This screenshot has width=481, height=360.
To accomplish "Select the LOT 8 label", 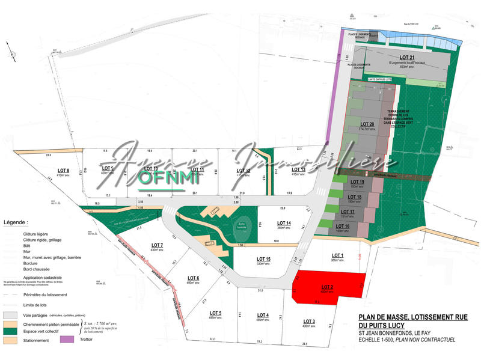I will pos(63,171).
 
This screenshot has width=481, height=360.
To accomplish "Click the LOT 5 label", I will pos(216,313).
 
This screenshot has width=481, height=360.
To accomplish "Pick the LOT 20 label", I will pos(367,124).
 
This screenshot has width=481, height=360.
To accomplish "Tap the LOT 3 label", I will pos(309,321).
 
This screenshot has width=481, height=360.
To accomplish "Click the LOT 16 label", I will pos(351,226).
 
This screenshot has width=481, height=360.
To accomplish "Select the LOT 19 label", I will pos(357,182).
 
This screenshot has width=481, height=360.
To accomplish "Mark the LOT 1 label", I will pos(337,255).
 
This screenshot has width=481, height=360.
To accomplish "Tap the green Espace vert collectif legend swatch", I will pos(10,331).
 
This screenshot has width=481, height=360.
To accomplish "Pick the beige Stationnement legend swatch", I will pos(10,340).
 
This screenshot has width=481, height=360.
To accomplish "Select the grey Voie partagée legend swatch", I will pos(10,315).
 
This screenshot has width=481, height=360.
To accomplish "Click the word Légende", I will pos(16,222).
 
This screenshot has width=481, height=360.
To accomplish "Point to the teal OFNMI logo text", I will pos(161,178).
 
